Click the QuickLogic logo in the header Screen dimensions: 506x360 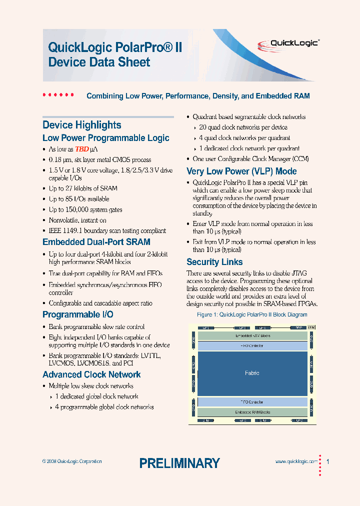pyautogui.click(x=294, y=43)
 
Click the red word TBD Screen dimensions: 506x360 pyautogui.click(x=82, y=149)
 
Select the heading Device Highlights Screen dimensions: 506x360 pyautogui.click(x=81, y=125)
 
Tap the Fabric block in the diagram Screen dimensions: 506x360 pyautogui.click(x=252, y=373)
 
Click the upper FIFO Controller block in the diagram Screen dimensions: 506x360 pyautogui.click(x=252, y=345)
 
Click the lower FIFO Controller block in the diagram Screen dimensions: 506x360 pyautogui.click(x=252, y=401)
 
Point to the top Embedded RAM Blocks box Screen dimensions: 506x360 pyautogui.click(x=252, y=336)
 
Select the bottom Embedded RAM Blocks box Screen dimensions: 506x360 pyautogui.click(x=252, y=412)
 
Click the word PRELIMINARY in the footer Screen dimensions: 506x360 pyautogui.click(x=179, y=463)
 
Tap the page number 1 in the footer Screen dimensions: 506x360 pyautogui.click(x=327, y=461)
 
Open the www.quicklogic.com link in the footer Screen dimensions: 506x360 pyautogui.click(x=296, y=462)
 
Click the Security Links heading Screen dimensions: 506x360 pyautogui.click(x=214, y=262)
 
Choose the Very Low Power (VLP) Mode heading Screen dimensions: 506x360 pyautogui.click(x=241, y=171)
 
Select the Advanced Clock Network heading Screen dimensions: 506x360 pyautogui.click(x=91, y=374)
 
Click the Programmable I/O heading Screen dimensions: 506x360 pyautogui.click(x=77, y=314)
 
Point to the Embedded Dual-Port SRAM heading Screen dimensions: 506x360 pyautogui.click(x=96, y=242)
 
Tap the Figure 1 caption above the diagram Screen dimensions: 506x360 pyautogui.click(x=252, y=315)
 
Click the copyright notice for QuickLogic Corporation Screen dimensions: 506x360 pyautogui.click(x=72, y=461)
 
